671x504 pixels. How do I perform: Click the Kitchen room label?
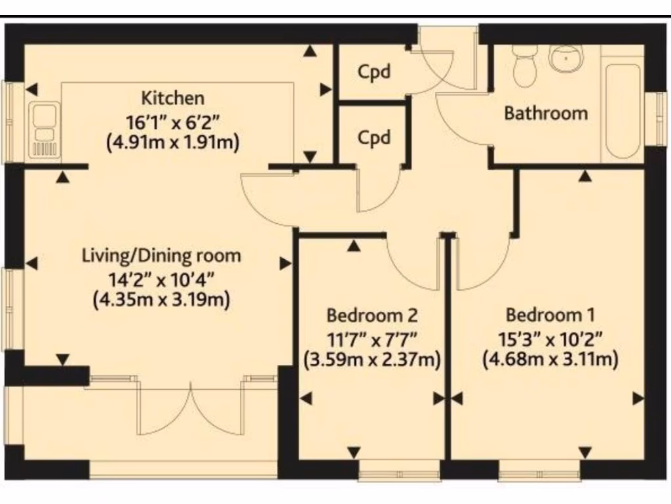click(x=173, y=98)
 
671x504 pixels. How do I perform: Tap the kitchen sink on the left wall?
click(x=43, y=130)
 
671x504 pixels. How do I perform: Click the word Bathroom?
click(x=546, y=113)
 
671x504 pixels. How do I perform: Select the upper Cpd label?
click(x=374, y=71)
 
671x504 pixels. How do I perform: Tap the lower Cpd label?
click(x=374, y=138)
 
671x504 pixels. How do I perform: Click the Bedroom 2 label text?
click(x=372, y=316)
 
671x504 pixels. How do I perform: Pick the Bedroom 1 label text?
click(x=550, y=314)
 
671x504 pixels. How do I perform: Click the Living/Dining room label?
click(x=161, y=255)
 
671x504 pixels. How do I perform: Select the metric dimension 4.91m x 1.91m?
click(x=173, y=142)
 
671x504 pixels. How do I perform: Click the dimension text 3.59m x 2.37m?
click(x=372, y=360)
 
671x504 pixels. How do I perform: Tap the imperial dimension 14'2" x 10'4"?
click(x=161, y=278)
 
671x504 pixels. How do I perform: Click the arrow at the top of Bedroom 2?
click(x=355, y=246)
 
